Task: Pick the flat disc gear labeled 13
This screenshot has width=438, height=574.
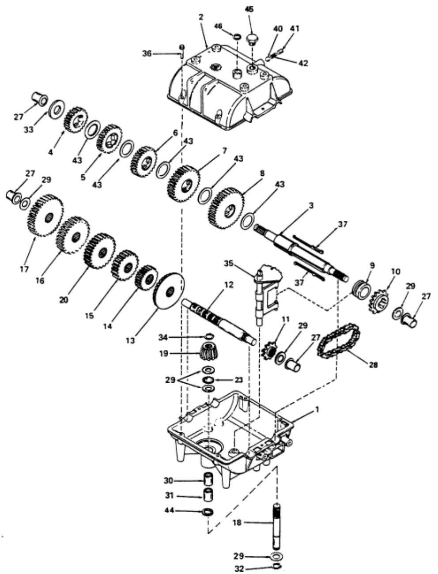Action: tap(168, 291)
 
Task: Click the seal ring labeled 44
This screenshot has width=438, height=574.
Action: tap(208, 512)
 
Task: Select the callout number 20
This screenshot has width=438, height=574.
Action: tap(64, 299)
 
